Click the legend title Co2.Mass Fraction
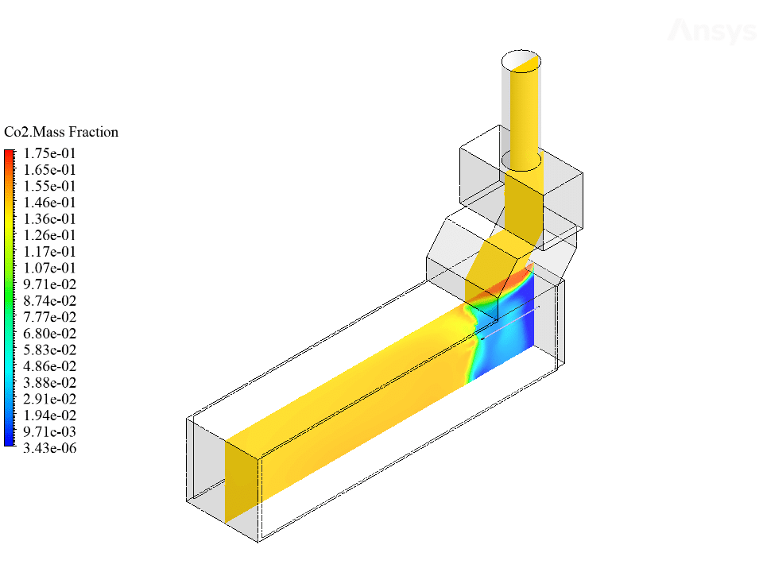pyautogui.click(x=61, y=133)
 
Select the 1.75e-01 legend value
pyautogui.click(x=49, y=153)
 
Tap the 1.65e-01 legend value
pyautogui.click(x=49, y=170)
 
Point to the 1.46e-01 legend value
pyautogui.click(x=49, y=203)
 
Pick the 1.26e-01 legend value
pyautogui.click(x=49, y=235)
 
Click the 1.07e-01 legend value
pyautogui.click(x=49, y=268)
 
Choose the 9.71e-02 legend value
pyautogui.click(x=49, y=284)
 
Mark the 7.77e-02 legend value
pyautogui.click(x=49, y=317)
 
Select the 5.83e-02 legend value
pyautogui.click(x=49, y=350)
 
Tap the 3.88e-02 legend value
pyautogui.click(x=49, y=382)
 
